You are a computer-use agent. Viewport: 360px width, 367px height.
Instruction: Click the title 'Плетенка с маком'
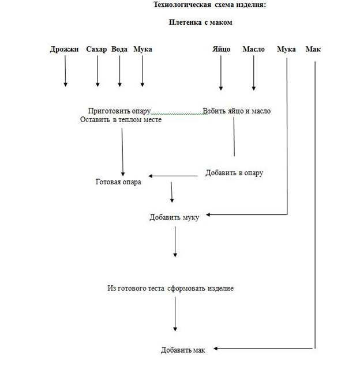(x=200, y=23)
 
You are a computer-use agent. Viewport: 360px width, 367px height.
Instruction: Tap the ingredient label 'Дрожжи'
(x=64, y=50)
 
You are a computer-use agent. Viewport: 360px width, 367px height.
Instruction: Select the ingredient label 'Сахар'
(x=97, y=50)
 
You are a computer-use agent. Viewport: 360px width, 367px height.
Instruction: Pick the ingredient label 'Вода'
(x=119, y=50)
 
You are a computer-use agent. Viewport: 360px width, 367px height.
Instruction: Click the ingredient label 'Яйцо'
(x=220, y=50)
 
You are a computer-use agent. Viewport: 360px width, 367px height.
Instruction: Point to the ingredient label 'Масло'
(x=253, y=50)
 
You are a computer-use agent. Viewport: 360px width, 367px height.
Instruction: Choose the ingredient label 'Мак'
(x=314, y=50)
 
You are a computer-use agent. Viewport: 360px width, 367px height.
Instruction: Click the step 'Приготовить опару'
(x=119, y=111)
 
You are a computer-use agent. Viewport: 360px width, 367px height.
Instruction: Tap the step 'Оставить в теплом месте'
(x=121, y=120)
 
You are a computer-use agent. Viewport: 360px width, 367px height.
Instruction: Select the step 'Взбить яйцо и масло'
(x=237, y=111)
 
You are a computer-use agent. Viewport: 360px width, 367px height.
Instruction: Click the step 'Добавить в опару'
(x=234, y=173)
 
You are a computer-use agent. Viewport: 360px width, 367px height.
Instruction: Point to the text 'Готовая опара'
(x=118, y=183)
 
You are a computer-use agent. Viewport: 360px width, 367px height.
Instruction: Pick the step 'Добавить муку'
(x=174, y=217)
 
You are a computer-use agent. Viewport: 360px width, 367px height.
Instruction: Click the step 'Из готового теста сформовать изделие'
(x=170, y=288)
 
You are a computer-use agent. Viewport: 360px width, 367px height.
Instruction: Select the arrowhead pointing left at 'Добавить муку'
(x=208, y=215)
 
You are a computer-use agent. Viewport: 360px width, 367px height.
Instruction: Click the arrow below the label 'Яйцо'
(x=220, y=75)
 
